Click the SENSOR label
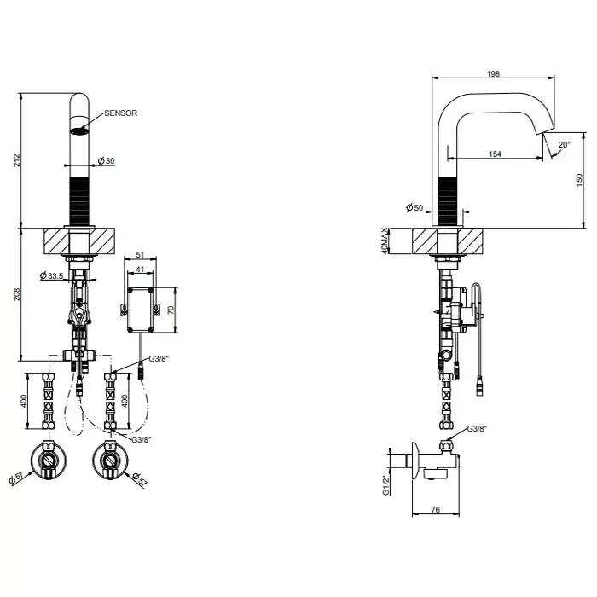[x=121, y=113]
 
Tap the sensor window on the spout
[x=79, y=131]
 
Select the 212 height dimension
[x=16, y=160]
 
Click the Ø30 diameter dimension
[x=106, y=161]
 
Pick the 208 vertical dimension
[x=16, y=294]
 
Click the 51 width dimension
[x=140, y=255]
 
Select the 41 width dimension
[x=140, y=269]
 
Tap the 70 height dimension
[x=171, y=310]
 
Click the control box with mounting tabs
[x=141, y=309]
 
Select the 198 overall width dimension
[x=493, y=74]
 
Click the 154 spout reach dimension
[x=495, y=154]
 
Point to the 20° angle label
[x=565, y=145]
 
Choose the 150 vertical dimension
[x=579, y=180]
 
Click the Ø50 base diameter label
[x=414, y=207]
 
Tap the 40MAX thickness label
[x=385, y=241]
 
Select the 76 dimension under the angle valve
[x=436, y=509]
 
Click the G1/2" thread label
[x=386, y=485]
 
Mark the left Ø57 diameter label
[x=16, y=478]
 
